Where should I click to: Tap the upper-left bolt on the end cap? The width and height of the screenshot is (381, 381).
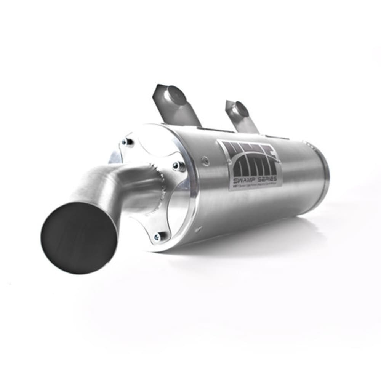coord(128,142)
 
